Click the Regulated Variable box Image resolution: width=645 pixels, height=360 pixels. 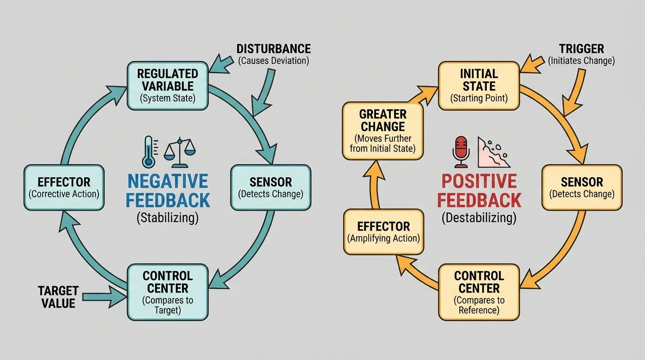pos(167,86)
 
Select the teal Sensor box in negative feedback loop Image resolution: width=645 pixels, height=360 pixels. pos(270,187)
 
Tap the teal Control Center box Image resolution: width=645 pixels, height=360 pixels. pos(167,292)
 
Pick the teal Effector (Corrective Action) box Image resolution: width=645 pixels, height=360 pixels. pos(64,187)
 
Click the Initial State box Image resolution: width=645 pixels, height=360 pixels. pos(479,86)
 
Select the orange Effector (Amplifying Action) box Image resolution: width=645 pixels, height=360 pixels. pos(383,232)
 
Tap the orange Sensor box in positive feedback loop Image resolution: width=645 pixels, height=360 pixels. pos(582,187)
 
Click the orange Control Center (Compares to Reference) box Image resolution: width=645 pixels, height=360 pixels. pos(479,292)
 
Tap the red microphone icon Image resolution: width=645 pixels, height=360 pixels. pos(461,151)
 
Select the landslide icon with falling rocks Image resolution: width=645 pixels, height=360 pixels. pos(493,152)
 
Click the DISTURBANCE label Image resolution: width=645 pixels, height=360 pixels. pos(273,49)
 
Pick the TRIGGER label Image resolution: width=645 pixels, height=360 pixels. pos(581,49)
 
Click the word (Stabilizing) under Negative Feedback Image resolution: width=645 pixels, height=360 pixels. pos(167,217)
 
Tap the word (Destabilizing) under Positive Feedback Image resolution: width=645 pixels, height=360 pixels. pos(479,217)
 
